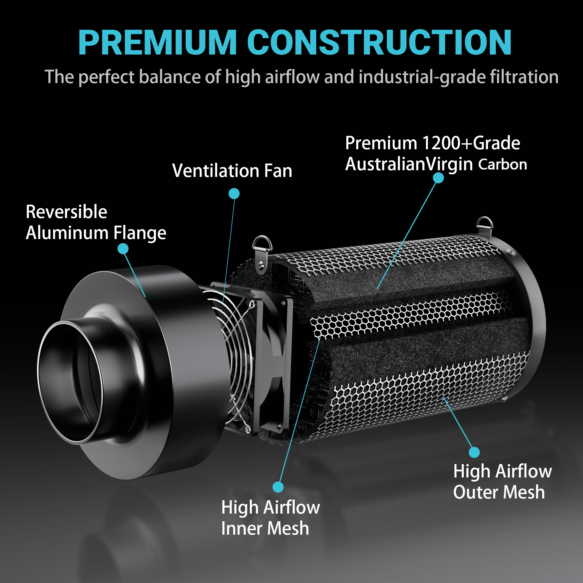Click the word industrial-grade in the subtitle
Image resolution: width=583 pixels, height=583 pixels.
pos(422,77)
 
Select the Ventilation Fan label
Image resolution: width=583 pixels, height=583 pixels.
pos(232,171)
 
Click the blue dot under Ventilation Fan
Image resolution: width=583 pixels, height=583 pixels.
pos(234,194)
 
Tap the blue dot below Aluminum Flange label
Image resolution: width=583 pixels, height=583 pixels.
pos(123,249)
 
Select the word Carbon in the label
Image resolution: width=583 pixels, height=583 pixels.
pos(503,164)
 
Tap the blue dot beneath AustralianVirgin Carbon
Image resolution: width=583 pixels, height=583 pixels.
pos(438,178)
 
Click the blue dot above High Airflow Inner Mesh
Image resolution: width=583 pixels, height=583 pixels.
pos(278,487)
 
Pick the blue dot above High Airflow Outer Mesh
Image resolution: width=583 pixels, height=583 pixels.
pos(474,452)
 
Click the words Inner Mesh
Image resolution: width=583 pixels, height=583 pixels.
pos(265,528)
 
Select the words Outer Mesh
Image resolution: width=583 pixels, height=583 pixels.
pos(499,492)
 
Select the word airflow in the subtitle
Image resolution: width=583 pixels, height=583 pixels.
pos(292,77)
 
